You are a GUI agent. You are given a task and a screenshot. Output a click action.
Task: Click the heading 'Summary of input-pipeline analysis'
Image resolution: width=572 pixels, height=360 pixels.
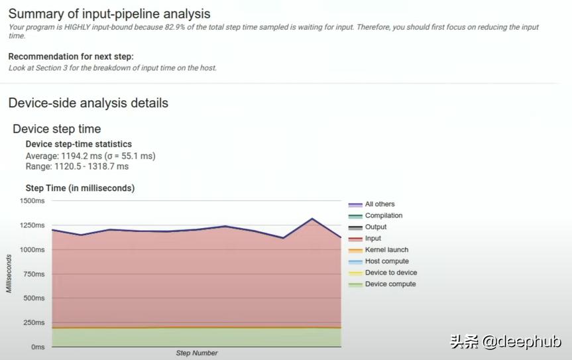pyautogui.click(x=109, y=13)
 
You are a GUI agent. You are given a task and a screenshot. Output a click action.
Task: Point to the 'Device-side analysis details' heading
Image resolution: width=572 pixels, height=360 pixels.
pyautogui.click(x=88, y=103)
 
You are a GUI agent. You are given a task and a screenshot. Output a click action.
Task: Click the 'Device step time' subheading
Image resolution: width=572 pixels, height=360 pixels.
pyautogui.click(x=56, y=129)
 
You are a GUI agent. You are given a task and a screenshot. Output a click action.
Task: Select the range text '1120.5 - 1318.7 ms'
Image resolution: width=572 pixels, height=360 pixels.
pyautogui.click(x=91, y=166)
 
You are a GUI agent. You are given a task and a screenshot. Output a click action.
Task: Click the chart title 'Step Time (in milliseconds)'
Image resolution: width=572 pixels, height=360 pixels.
pyautogui.click(x=80, y=188)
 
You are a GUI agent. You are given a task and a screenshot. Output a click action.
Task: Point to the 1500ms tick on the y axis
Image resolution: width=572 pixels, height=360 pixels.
pyautogui.click(x=31, y=201)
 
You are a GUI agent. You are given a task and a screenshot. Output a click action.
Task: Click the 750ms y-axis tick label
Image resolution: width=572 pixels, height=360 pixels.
pyautogui.click(x=33, y=274)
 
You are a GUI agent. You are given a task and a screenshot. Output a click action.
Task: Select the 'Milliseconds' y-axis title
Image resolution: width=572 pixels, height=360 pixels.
pyautogui.click(x=9, y=273)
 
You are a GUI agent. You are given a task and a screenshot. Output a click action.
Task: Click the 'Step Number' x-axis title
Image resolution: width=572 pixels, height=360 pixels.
pyautogui.click(x=196, y=353)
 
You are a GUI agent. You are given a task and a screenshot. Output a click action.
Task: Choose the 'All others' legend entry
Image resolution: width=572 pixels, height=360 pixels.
pyautogui.click(x=380, y=204)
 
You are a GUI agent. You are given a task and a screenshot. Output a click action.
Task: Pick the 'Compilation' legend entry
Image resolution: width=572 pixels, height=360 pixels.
pyautogui.click(x=383, y=215)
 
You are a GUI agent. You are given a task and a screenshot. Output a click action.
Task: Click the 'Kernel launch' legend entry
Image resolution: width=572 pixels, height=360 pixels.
pyautogui.click(x=386, y=250)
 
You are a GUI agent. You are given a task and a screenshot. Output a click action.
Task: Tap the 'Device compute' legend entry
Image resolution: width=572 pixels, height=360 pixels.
pyautogui.click(x=390, y=284)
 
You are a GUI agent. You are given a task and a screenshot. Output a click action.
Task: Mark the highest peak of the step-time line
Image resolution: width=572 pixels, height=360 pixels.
pyautogui.click(x=312, y=218)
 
